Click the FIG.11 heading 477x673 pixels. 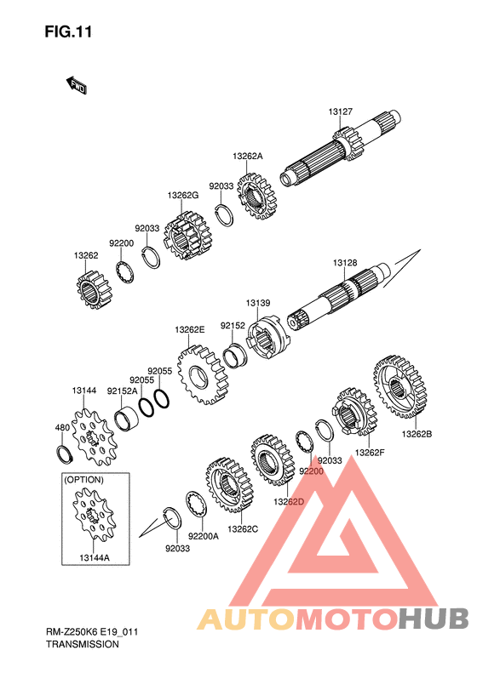tap(68, 31)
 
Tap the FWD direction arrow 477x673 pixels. tap(77, 85)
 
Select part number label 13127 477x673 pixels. tap(341, 111)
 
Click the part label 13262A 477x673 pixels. tap(248, 157)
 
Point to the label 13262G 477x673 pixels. tap(183, 196)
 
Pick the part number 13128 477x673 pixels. tap(345, 263)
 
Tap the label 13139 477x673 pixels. tap(258, 303)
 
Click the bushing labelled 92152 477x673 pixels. tap(235, 356)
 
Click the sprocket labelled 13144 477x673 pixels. tap(94, 437)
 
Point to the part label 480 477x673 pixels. tap(62, 427)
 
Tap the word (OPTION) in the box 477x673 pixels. tap(83, 480)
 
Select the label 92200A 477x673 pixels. tap(204, 536)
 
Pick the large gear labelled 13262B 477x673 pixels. tap(399, 386)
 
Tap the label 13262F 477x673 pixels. tap(370, 452)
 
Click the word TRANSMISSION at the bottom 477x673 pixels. tap(83, 644)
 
